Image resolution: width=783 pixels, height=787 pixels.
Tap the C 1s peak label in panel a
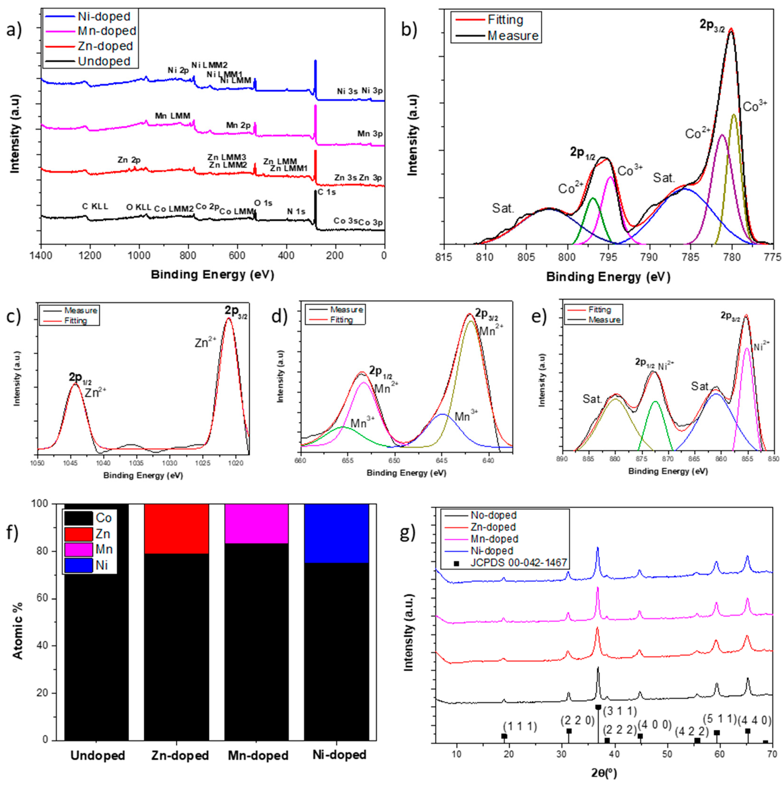(x=327, y=192)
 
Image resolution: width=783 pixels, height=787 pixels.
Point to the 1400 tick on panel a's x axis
(x=41, y=255)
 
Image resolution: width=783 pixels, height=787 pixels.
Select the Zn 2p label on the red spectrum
(x=129, y=160)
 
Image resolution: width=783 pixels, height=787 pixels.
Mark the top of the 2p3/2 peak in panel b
(x=731, y=29)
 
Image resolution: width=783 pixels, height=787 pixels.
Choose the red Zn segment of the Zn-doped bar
(x=176, y=529)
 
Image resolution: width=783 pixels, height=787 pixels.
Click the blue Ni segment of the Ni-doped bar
(x=336, y=533)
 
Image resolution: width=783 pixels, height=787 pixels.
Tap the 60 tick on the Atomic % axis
(x=48, y=598)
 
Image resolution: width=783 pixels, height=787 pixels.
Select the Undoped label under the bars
(x=98, y=755)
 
